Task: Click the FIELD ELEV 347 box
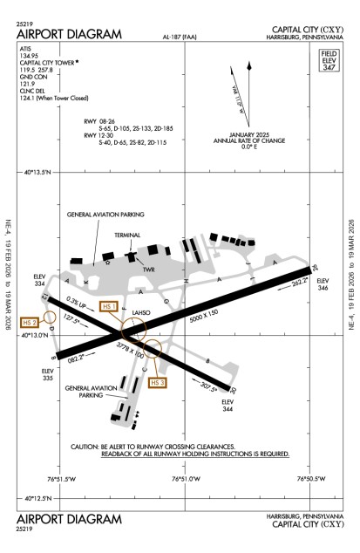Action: coord(329,62)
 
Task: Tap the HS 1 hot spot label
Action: coord(108,306)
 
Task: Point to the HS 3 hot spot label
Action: coord(158,383)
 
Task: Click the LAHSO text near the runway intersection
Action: coord(140,311)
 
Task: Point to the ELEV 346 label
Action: coord(323,283)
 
